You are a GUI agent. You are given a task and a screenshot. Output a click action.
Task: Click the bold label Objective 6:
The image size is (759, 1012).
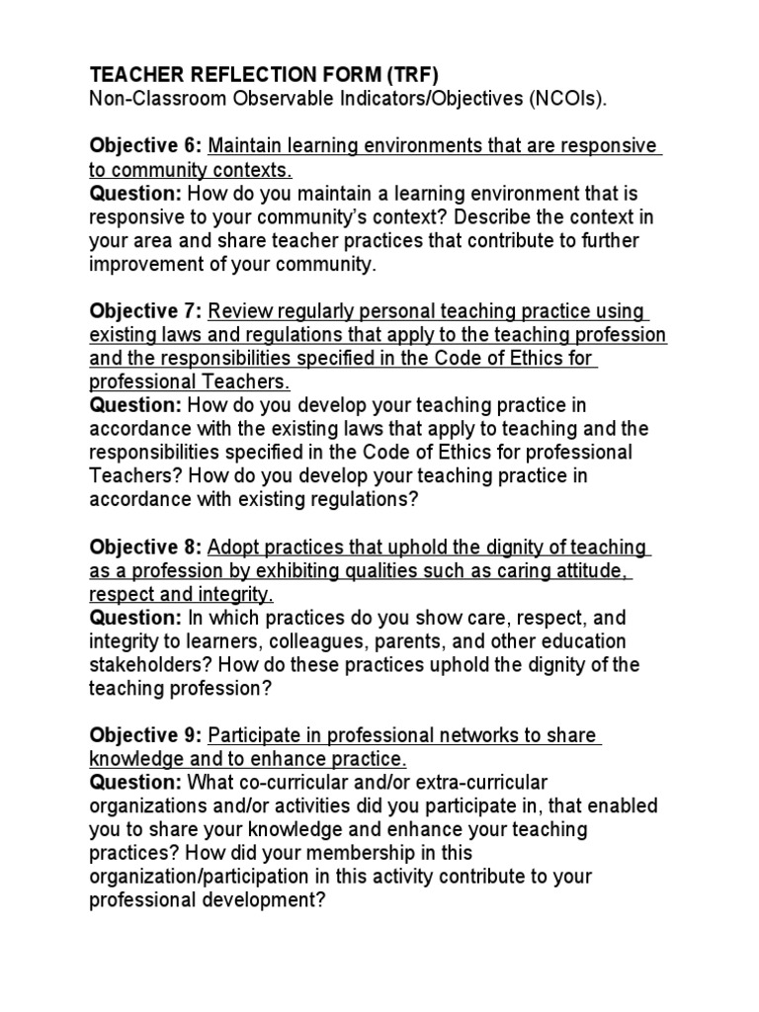[146, 146]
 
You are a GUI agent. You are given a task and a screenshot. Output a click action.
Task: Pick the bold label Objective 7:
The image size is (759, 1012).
[146, 312]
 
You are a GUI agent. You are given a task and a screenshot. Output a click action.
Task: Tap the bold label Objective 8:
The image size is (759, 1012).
[146, 548]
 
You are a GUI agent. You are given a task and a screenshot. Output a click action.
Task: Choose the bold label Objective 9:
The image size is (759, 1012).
[146, 736]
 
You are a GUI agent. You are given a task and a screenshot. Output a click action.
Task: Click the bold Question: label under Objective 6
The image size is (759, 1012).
[135, 194]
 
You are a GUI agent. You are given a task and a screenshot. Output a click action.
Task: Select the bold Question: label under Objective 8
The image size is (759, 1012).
[135, 619]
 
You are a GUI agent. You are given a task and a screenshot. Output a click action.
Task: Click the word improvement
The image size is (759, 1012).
[150, 265]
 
